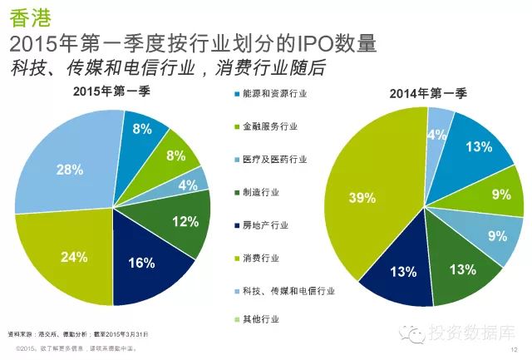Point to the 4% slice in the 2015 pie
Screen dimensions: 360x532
tap(189, 185)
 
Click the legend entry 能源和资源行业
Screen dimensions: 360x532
tap(274, 95)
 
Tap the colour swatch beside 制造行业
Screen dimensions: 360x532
tap(236, 192)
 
